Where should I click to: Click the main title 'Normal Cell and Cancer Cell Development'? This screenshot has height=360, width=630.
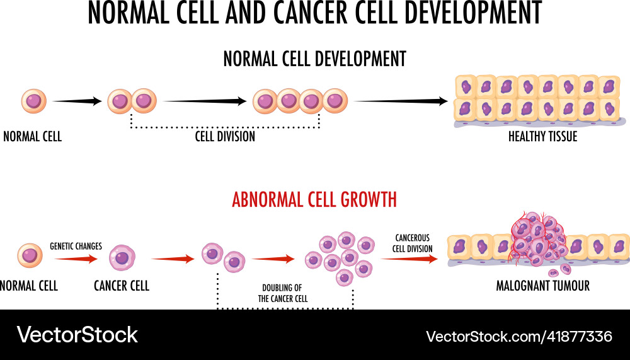tap(314, 13)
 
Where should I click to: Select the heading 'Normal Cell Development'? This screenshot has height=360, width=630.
tap(314, 59)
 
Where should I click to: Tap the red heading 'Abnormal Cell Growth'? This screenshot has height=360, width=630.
tap(314, 200)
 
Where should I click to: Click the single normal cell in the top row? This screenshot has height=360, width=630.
tap(33, 101)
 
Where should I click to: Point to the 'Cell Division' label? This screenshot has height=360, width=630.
tap(225, 136)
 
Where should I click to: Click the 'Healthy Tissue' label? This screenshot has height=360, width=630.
tap(542, 136)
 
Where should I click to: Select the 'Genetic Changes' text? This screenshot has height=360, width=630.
tap(76, 246)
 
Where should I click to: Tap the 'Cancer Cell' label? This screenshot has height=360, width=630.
tap(122, 286)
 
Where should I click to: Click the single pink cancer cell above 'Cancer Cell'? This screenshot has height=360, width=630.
tap(122, 257)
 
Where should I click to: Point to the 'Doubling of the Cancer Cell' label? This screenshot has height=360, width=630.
tap(283, 293)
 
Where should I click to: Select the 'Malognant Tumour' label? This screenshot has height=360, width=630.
tap(542, 286)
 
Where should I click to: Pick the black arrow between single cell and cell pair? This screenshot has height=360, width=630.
tap(77, 101)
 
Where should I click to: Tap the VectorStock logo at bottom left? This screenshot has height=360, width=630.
tap(77, 334)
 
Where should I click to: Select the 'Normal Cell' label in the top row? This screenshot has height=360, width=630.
tap(33, 136)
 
